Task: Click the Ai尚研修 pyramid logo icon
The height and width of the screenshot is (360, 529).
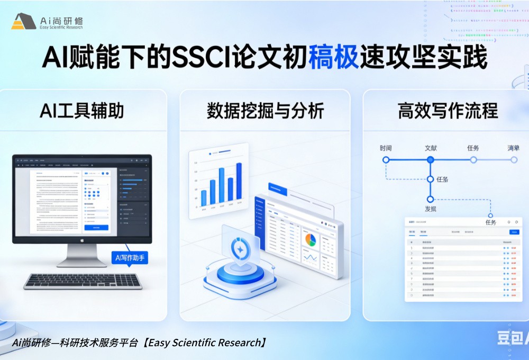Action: click(23, 22)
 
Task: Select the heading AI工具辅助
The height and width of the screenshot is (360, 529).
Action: click(82, 111)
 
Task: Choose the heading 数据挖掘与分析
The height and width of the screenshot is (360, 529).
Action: click(265, 111)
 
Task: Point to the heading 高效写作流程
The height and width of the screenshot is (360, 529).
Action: click(448, 111)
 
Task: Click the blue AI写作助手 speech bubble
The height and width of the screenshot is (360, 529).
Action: click(130, 258)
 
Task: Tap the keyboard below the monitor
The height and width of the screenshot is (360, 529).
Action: click(83, 281)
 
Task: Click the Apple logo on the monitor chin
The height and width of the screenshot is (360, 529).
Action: click(82, 240)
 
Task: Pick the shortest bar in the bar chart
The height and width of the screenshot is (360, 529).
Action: click(204, 197)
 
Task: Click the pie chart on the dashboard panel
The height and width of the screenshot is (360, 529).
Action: click(310, 240)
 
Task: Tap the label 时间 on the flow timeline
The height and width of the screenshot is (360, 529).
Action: click(386, 148)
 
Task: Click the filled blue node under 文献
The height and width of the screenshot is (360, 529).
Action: click(430, 159)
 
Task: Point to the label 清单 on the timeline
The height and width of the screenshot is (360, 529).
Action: click(513, 148)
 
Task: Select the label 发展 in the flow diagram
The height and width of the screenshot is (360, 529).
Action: click(431, 209)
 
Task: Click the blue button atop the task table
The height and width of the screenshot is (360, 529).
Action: click(514, 232)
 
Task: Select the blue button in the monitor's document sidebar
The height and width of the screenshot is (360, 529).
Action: click(96, 227)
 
